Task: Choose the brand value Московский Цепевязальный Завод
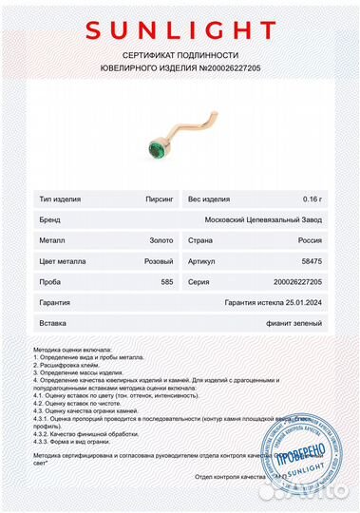tap(265, 219)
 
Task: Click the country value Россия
tap(309, 237)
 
